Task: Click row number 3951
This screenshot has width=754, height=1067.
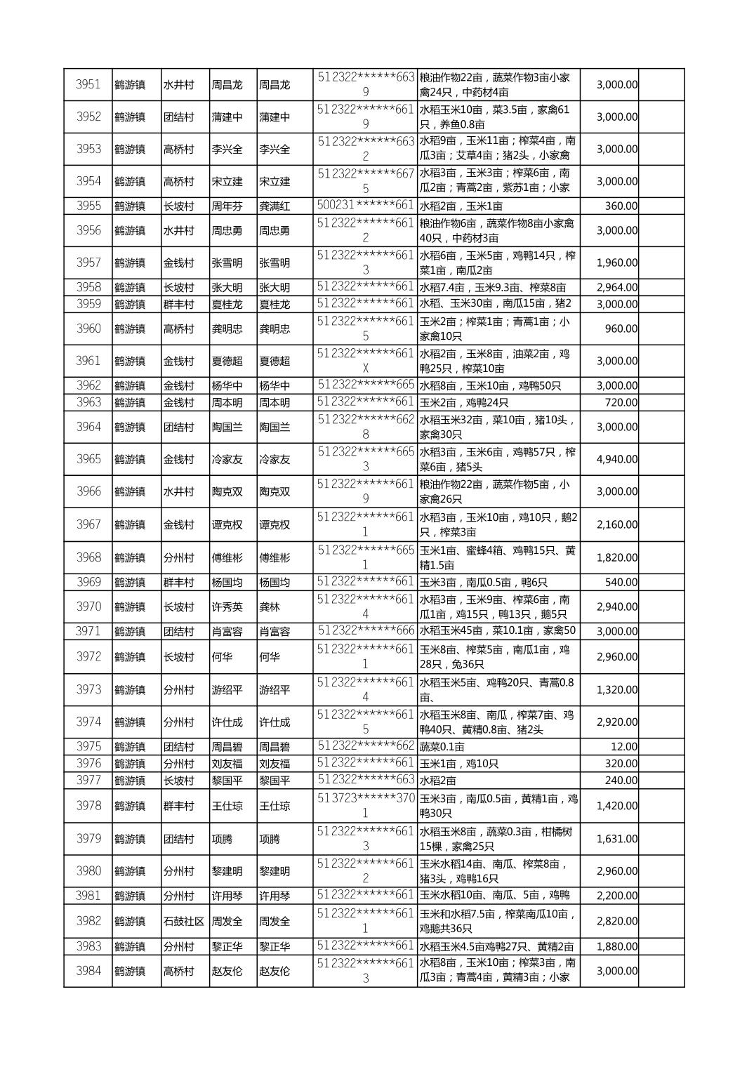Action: click(x=88, y=85)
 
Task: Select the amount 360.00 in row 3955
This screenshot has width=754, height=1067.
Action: click(x=621, y=206)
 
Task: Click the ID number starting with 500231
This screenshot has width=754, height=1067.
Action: click(x=365, y=206)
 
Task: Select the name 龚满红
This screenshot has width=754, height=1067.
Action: click(x=275, y=206)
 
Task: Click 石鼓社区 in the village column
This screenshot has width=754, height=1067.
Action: click(x=184, y=921)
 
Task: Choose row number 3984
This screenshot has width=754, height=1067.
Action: click(x=88, y=971)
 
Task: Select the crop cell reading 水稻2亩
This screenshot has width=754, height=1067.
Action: click(x=438, y=781)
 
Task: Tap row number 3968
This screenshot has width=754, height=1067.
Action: click(x=88, y=557)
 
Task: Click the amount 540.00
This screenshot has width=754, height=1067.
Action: click(x=621, y=582)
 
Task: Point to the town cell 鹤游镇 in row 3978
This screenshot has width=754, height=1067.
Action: click(x=130, y=805)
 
